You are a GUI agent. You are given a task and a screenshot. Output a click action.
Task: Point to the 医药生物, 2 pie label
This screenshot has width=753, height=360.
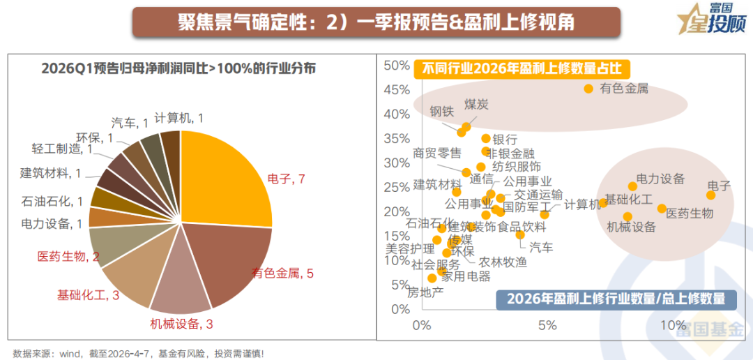point(68,257)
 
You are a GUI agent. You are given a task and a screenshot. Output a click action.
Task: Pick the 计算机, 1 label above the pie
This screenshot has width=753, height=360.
point(178,118)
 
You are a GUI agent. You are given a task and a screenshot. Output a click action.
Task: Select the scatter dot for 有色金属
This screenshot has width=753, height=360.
point(588,89)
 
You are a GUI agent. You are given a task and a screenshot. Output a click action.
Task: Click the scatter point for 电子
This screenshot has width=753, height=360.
point(710,195)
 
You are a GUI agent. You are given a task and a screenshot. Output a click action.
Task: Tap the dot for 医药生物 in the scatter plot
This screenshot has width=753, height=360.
point(662,209)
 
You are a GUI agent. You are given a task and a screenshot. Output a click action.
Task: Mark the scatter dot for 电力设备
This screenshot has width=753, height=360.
point(632,186)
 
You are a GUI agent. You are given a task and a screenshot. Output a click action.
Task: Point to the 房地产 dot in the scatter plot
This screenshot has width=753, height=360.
point(432,278)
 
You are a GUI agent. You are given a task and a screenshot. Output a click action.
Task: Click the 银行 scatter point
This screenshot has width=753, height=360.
point(486,139)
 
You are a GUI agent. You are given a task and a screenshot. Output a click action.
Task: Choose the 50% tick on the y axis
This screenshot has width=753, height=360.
point(397,66)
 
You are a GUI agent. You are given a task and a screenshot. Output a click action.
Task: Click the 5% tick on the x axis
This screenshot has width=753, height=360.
point(547,325)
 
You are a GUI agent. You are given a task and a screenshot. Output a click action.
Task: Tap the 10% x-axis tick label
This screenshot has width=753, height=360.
point(673,325)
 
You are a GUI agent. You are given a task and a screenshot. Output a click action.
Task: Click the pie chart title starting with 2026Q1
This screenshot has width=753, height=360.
point(178,68)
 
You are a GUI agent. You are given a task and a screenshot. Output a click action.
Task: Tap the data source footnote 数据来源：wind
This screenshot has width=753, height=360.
point(139,353)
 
